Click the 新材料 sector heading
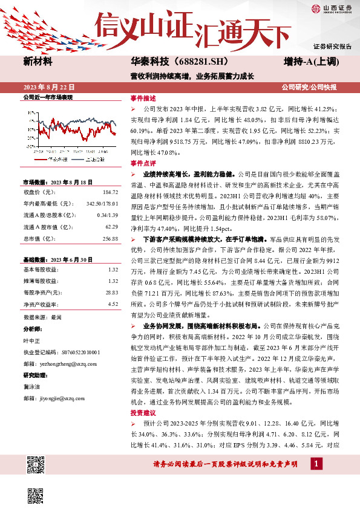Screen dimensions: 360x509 (38, 62)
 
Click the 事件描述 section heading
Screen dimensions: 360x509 (143, 97)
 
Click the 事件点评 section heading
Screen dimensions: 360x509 (143, 163)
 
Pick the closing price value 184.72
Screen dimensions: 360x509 (108, 192)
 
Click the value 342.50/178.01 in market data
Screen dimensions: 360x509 (102, 204)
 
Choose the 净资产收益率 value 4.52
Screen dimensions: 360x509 (112, 304)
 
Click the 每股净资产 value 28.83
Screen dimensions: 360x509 (111, 293)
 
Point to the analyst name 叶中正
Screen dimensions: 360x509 (31, 341)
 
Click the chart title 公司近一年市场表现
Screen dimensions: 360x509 (48, 97)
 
